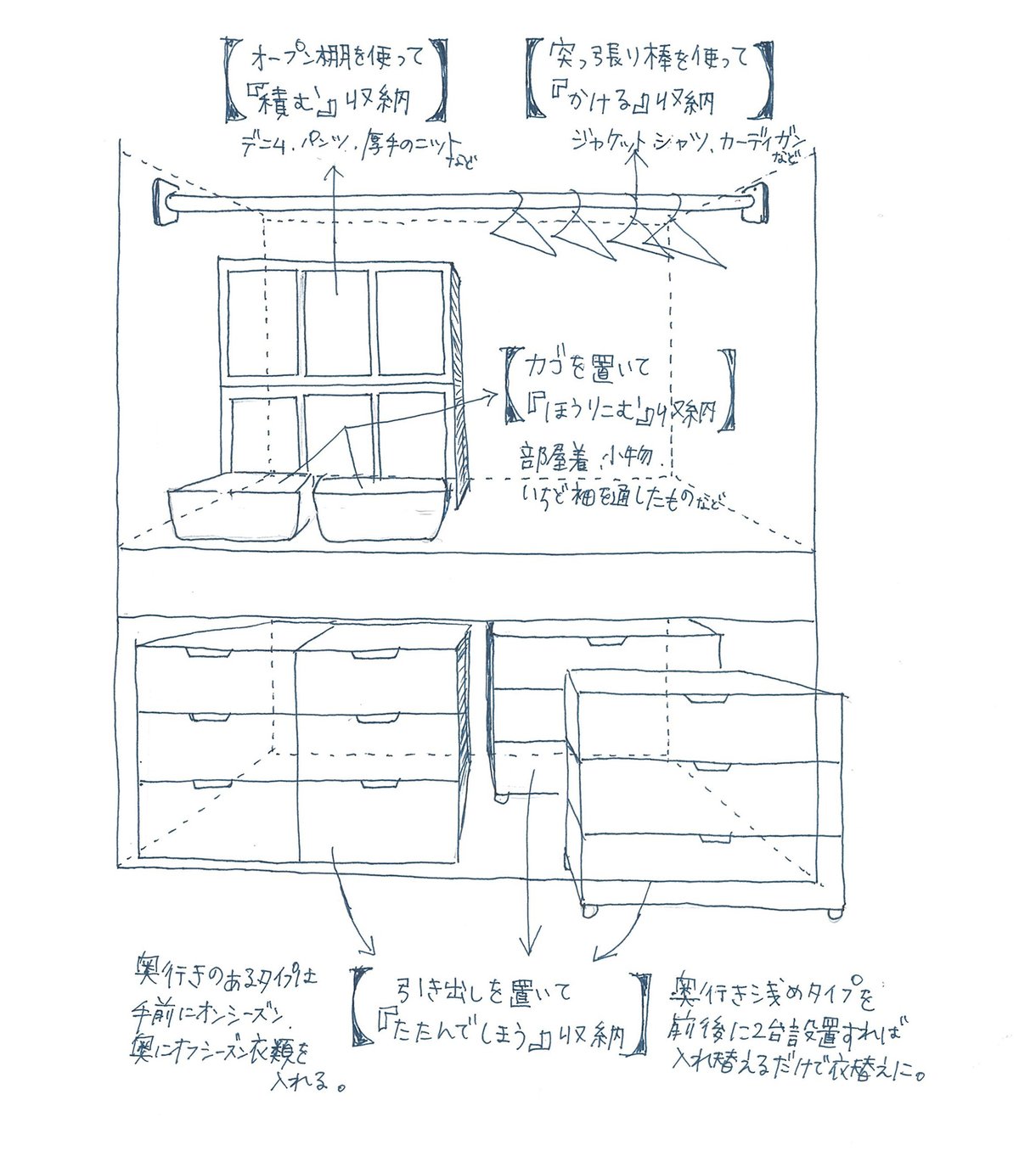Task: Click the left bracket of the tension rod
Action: point(161,202)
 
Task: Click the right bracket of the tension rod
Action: point(755,203)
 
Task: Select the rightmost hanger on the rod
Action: point(688,240)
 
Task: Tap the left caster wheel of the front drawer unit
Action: point(587,911)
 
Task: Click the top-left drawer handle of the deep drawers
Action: point(205,653)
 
